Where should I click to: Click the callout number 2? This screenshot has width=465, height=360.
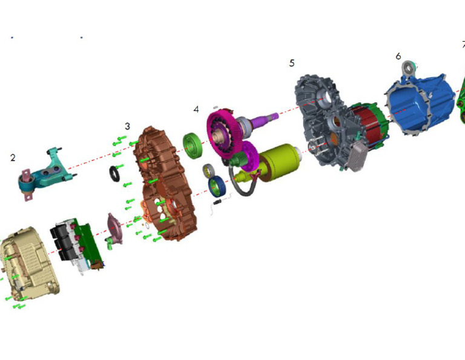pos(13,158)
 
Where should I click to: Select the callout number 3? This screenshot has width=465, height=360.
pos(127,126)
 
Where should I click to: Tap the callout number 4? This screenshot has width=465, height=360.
pos(196,109)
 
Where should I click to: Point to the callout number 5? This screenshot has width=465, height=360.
pos(292,63)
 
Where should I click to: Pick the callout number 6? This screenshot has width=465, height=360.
pos(398,56)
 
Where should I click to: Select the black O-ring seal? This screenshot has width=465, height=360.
pos(115,175)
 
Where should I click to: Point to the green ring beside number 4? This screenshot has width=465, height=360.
pos(195,146)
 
